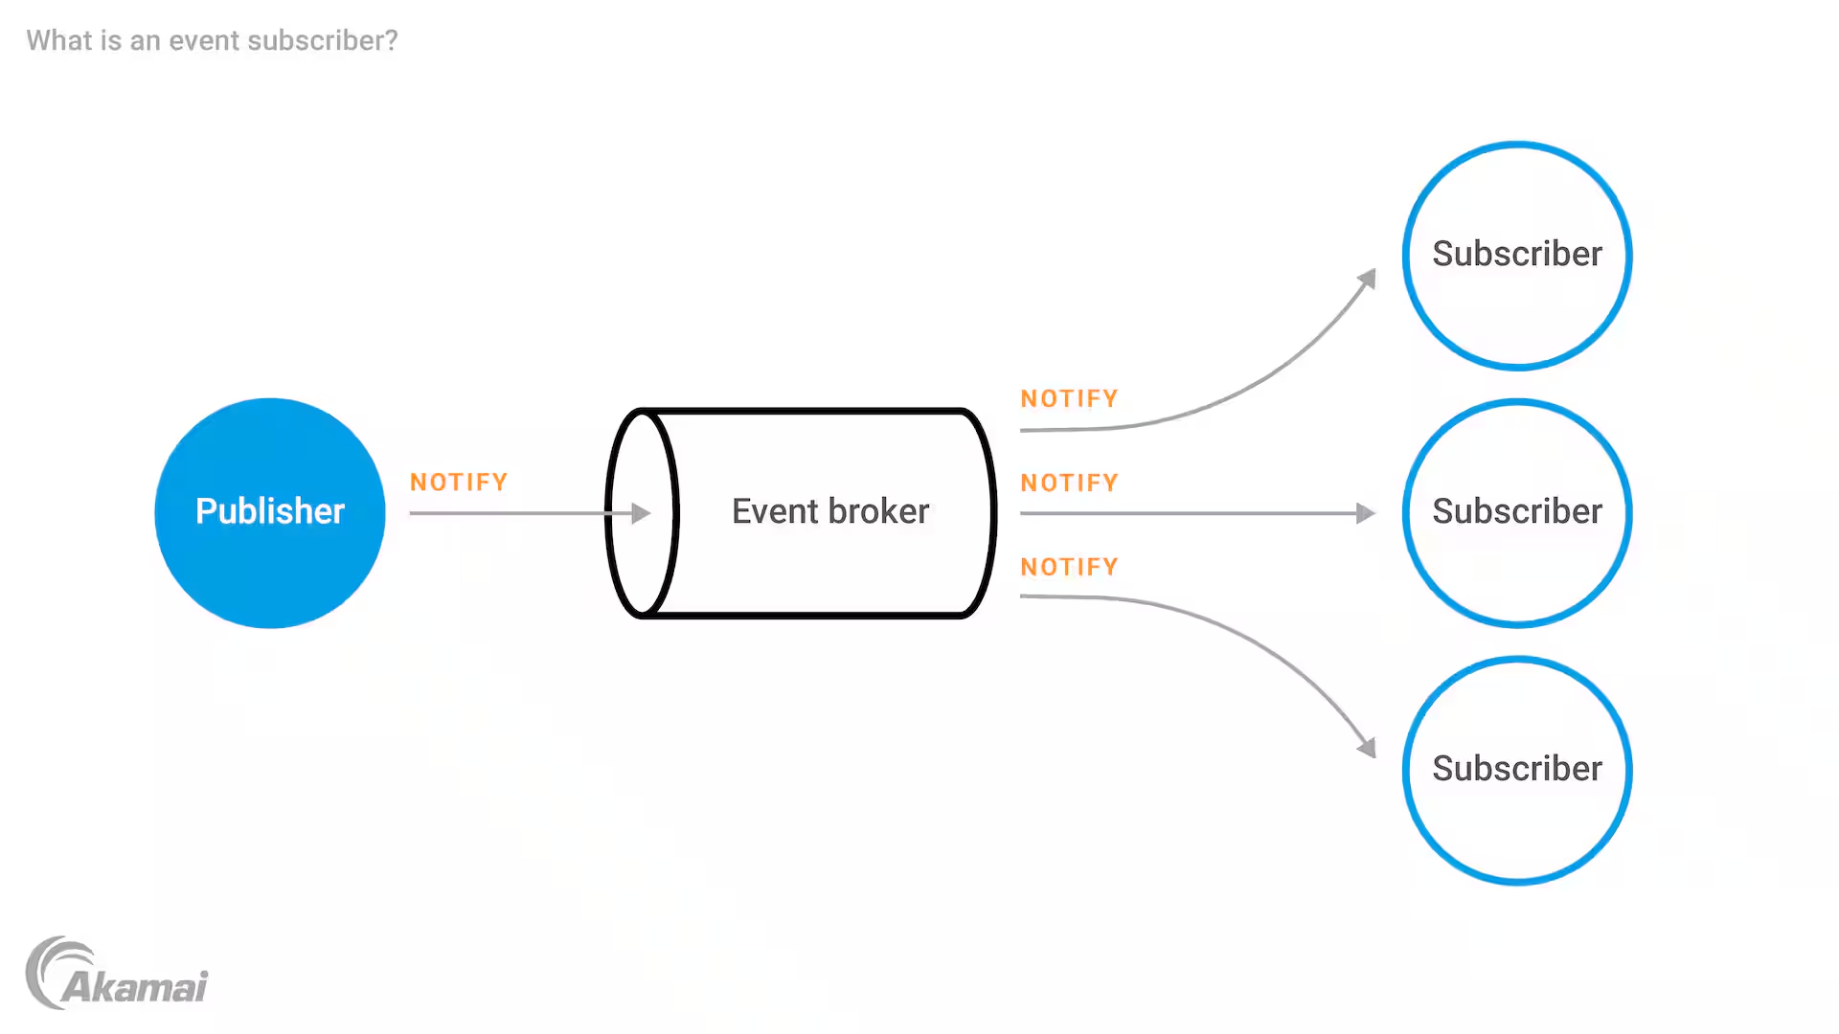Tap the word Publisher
(x=270, y=511)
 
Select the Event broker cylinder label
(x=829, y=511)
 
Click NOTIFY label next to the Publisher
(x=459, y=483)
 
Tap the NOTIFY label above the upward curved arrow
(x=1069, y=399)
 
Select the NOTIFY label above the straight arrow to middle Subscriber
(x=1069, y=483)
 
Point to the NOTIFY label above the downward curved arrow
(x=1069, y=568)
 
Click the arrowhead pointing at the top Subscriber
(x=1368, y=280)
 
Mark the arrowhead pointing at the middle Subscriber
(x=1366, y=513)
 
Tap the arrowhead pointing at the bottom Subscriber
(x=1368, y=747)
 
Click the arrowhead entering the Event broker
(x=641, y=513)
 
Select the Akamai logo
(x=117, y=975)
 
